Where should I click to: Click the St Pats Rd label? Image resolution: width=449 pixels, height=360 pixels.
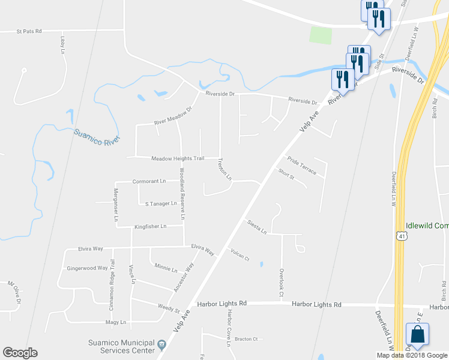pyautogui.click(x=29, y=31)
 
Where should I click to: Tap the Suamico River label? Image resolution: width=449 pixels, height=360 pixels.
pyautogui.click(x=97, y=136)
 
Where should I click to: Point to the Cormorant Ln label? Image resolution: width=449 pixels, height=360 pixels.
pyautogui.click(x=149, y=181)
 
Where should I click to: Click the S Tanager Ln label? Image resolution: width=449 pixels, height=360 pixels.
pyautogui.click(x=161, y=203)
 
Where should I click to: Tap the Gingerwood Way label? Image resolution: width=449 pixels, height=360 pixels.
pyautogui.click(x=87, y=268)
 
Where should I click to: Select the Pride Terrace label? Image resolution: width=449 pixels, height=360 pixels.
pyautogui.click(x=301, y=165)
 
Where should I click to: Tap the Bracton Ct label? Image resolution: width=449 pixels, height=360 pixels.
pyautogui.click(x=246, y=339)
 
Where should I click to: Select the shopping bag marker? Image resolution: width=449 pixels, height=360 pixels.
pyautogui.click(x=417, y=335)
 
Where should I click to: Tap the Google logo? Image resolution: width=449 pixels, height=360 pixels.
pyautogui.click(x=20, y=353)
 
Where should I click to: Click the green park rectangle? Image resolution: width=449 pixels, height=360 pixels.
pyautogui.click(x=321, y=35)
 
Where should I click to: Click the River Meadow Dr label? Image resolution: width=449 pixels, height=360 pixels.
pyautogui.click(x=172, y=115)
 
